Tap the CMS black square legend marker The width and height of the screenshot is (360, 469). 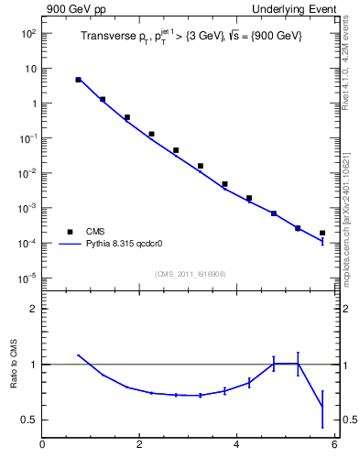[x=69, y=233]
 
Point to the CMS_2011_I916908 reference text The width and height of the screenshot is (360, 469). [x=189, y=273]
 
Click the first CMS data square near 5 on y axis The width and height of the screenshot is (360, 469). [x=79, y=80]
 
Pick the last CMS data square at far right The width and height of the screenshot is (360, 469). [x=322, y=233]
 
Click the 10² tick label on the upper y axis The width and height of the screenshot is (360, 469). [x=28, y=34]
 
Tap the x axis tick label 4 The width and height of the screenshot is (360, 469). [x=237, y=445]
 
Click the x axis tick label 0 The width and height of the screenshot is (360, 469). [x=42, y=445]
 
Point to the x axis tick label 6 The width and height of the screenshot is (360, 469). [x=334, y=445]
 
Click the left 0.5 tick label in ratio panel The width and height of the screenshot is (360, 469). [x=29, y=420]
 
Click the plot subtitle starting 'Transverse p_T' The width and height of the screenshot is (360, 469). [x=189, y=36]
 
